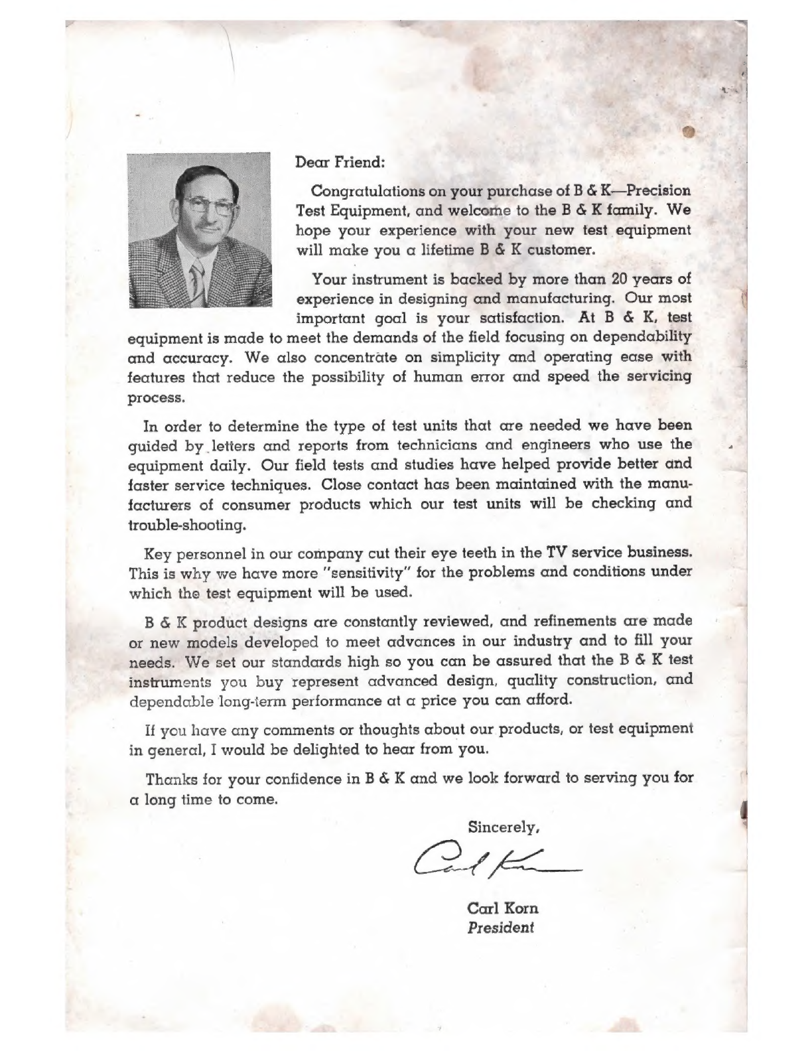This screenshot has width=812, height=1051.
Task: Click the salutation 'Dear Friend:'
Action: [340, 161]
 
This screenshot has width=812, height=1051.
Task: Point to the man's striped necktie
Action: [197, 279]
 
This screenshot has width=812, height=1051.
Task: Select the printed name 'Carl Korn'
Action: [503, 908]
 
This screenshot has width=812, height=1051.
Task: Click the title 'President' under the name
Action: [501, 928]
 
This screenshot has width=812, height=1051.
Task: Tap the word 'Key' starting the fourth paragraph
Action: [157, 553]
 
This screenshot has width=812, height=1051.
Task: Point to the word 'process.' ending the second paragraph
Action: [156, 398]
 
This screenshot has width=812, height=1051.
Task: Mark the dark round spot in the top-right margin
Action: [687, 131]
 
